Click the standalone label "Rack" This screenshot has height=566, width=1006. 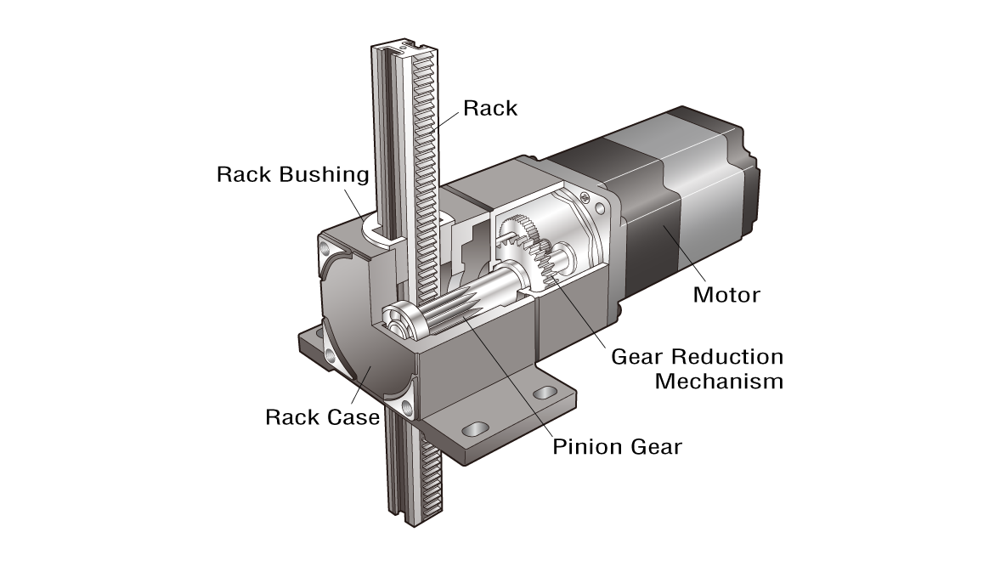[489, 108]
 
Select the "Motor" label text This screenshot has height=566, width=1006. [726, 295]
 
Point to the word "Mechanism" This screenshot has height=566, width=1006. [719, 381]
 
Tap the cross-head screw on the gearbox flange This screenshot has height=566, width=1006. [584, 198]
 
